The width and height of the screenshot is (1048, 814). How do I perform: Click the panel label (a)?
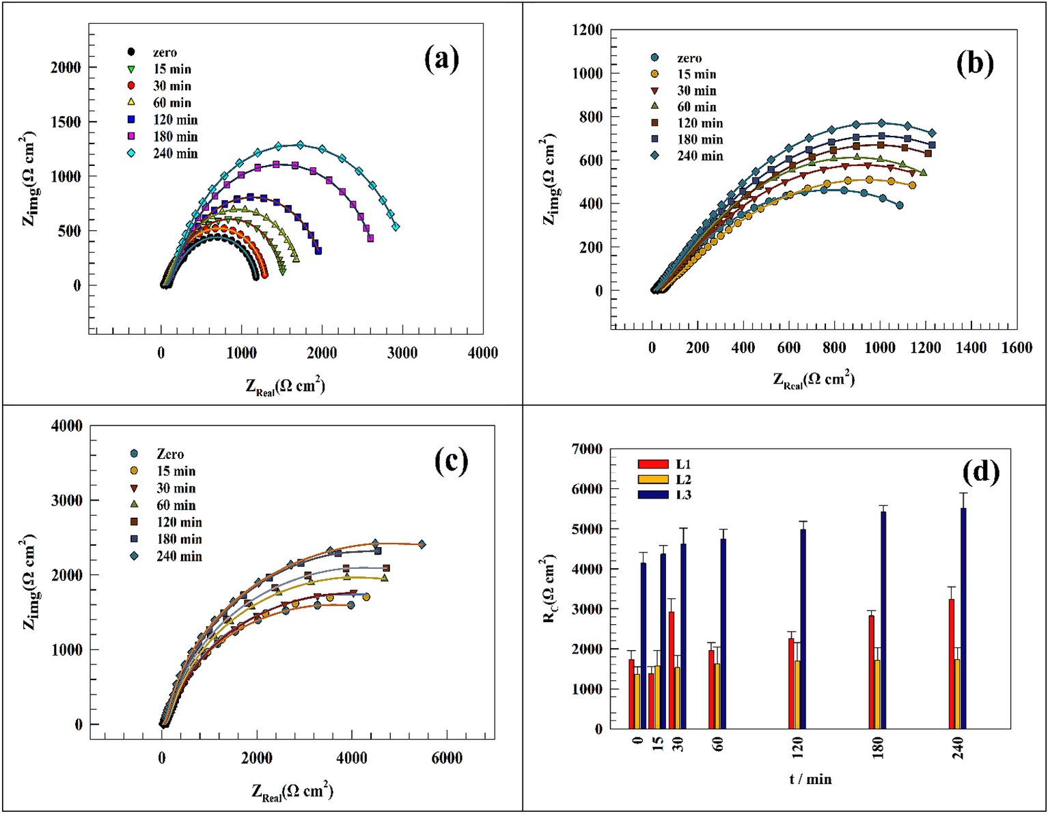[441, 59]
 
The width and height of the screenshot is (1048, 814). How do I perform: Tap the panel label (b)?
[974, 63]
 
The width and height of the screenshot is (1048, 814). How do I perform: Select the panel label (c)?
[452, 462]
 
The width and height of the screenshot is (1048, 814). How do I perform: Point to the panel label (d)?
[980, 471]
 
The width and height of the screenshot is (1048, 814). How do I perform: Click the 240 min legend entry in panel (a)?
[164, 154]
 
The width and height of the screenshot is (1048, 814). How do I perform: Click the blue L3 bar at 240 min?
[963, 618]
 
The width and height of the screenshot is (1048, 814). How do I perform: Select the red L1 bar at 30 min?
[672, 669]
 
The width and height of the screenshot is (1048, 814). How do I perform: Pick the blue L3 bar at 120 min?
[803, 628]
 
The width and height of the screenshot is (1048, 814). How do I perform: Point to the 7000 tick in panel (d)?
[587, 449]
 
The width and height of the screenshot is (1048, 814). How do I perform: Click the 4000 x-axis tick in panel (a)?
[483, 353]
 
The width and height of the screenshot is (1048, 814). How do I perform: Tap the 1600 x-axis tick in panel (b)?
[1016, 348]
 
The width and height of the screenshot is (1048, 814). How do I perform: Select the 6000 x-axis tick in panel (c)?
[446, 758]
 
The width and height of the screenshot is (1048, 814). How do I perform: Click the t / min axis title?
[810, 779]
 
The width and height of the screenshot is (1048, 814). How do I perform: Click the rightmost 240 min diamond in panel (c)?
[422, 544]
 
